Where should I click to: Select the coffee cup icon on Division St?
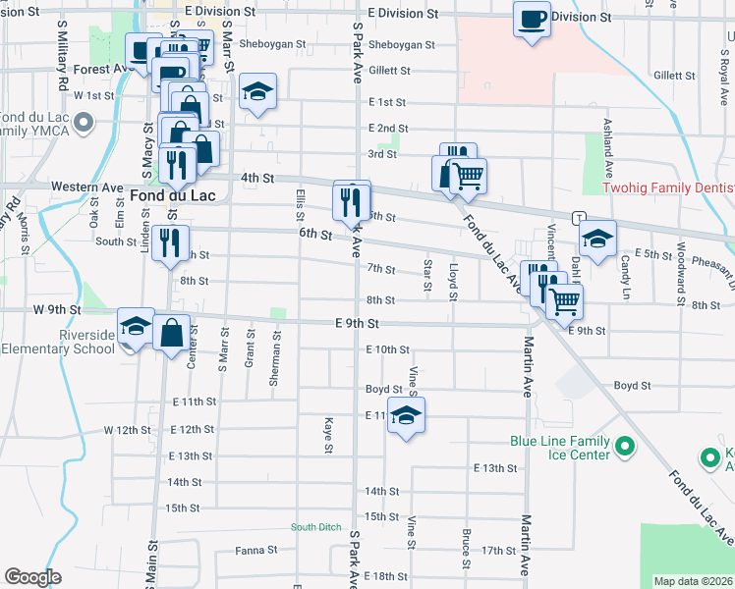click(x=532, y=19)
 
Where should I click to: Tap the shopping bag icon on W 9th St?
click(x=172, y=333)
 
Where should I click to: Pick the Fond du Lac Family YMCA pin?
click(x=83, y=123)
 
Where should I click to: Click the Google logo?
click(x=32, y=577)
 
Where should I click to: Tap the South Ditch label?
click(x=315, y=527)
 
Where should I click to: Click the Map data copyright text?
click(x=694, y=581)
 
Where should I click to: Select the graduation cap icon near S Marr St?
click(x=258, y=93)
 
